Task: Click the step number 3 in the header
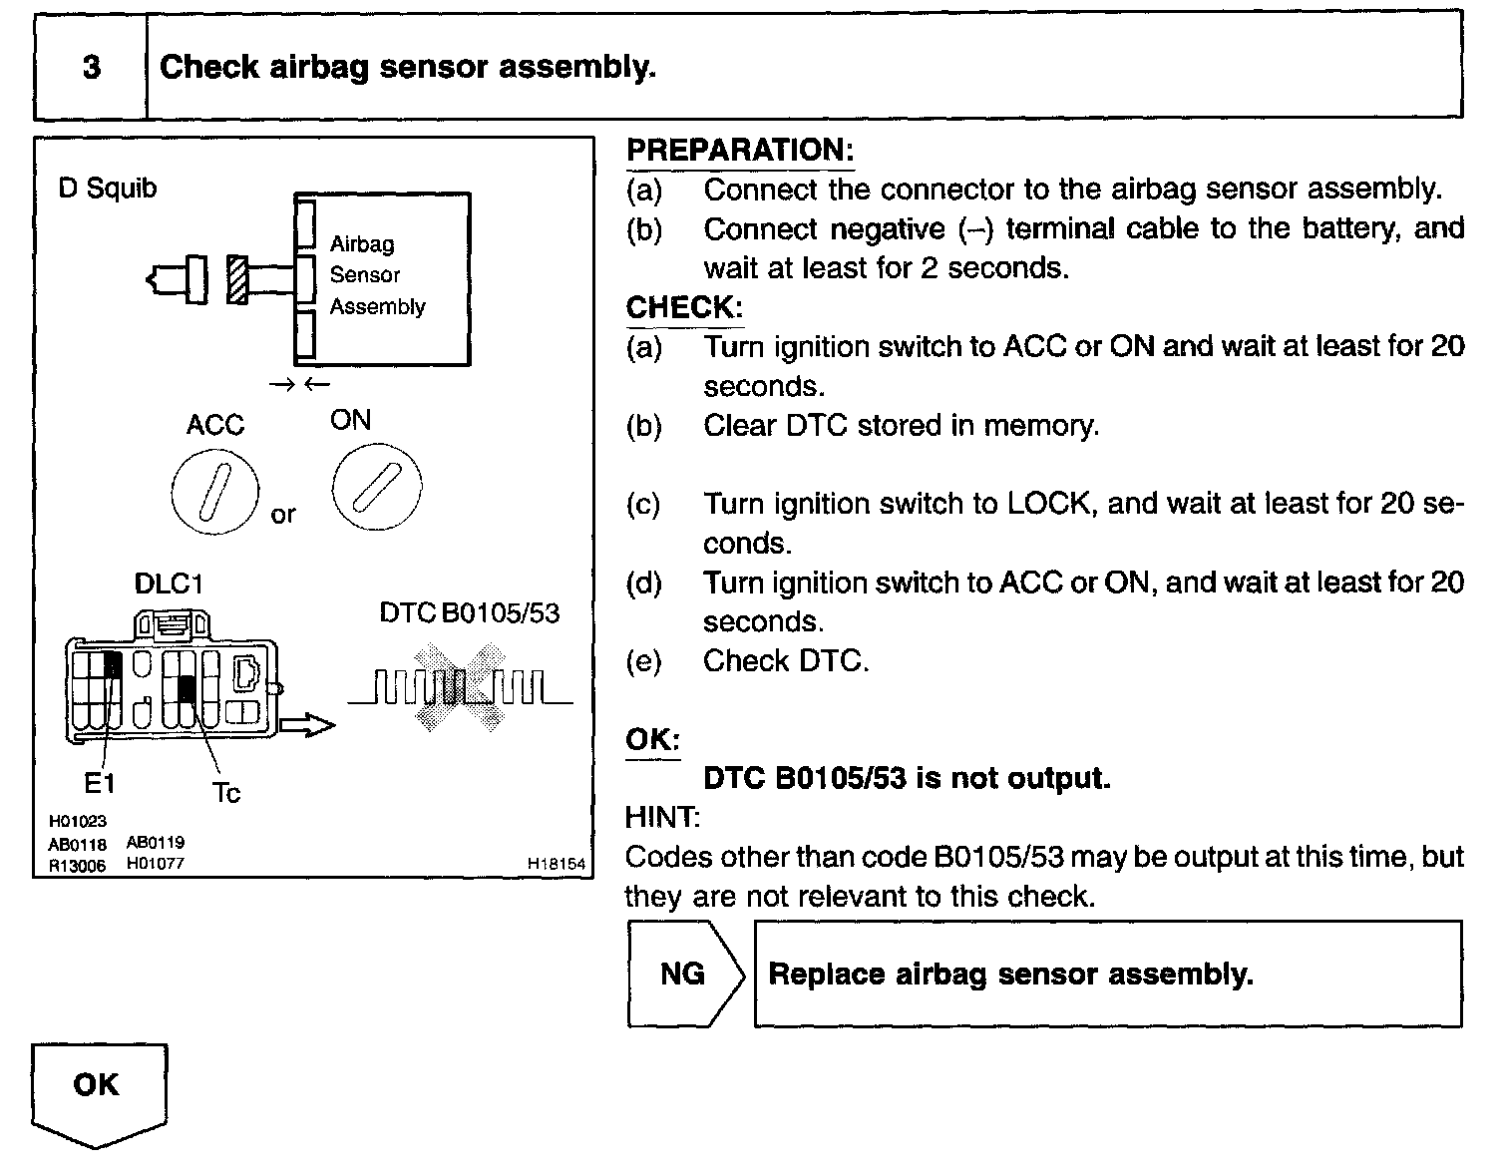(91, 67)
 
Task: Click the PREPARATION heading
(739, 151)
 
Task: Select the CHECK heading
(683, 308)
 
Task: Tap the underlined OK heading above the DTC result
(652, 740)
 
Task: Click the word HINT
(662, 818)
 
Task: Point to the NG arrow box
(684, 974)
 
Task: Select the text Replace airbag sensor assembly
(1010, 974)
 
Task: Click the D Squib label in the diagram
(108, 189)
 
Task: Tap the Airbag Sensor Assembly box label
(377, 275)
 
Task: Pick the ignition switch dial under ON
(376, 486)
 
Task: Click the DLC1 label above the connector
(169, 584)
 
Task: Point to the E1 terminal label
(99, 784)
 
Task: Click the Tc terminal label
(226, 793)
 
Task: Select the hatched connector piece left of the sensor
(237, 279)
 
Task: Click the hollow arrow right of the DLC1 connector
(306, 725)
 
